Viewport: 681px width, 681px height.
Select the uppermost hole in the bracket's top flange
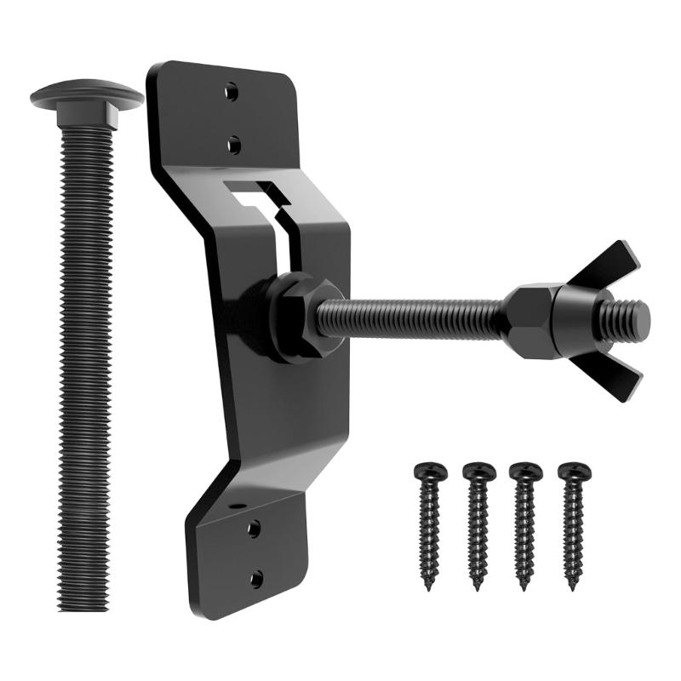pyautogui.click(x=232, y=94)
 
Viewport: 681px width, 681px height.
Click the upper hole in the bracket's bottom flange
pyautogui.click(x=253, y=529)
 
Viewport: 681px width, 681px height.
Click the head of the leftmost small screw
pyautogui.click(x=430, y=471)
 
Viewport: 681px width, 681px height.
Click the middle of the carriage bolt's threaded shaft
pyautogui.click(x=85, y=358)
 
